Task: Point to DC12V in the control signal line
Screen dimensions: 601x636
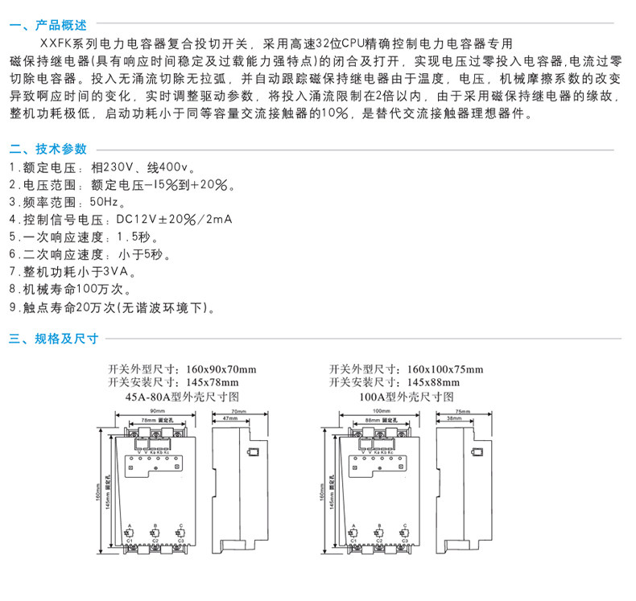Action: point(134,220)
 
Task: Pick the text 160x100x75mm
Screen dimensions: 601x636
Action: point(444,369)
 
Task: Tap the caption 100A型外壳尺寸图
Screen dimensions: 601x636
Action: point(407,397)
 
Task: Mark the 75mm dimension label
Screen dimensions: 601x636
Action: point(463,412)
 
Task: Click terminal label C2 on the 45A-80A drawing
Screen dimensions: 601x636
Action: point(155,541)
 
